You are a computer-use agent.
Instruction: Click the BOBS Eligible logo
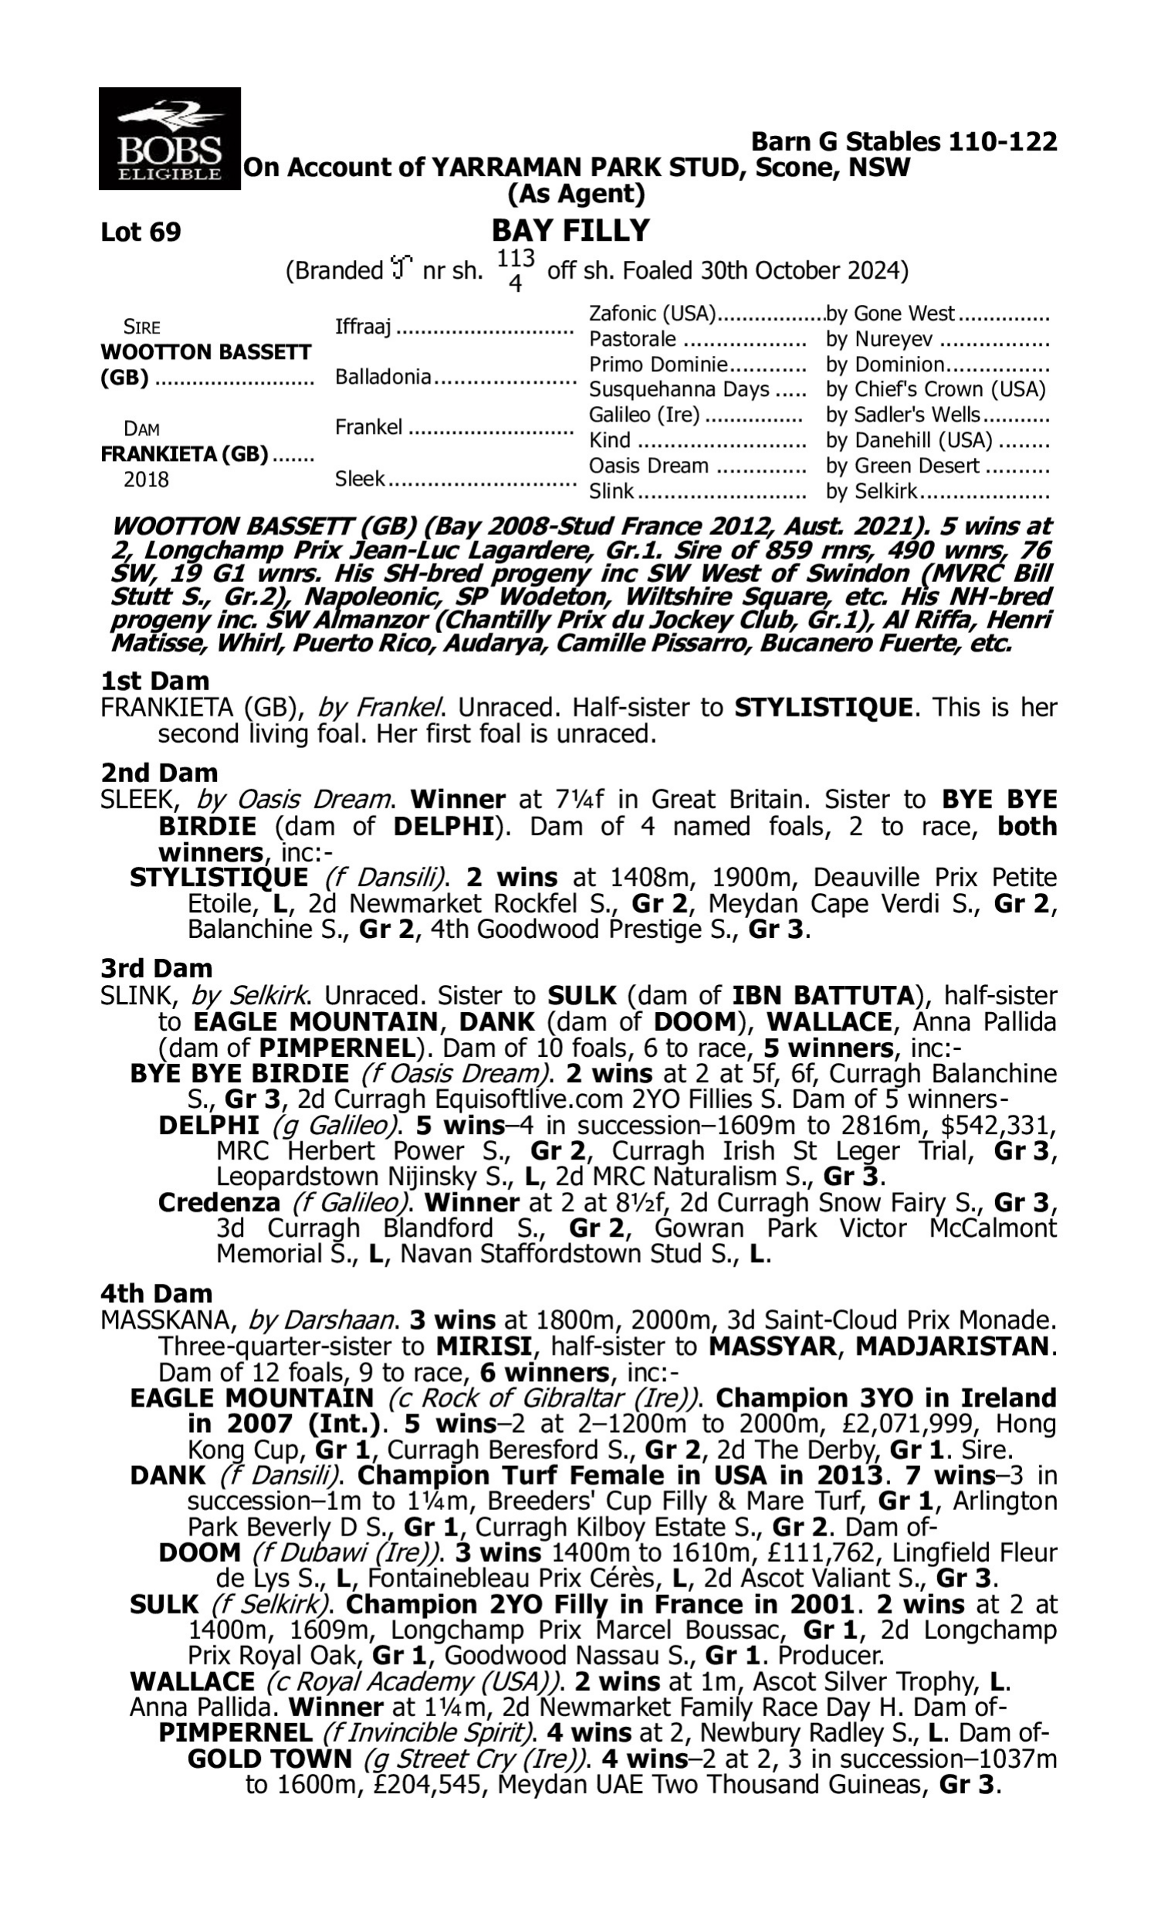coord(169,138)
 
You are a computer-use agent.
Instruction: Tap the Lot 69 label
coord(141,232)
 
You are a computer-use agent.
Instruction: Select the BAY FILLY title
coord(571,231)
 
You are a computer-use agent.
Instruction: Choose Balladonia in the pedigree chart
coord(382,377)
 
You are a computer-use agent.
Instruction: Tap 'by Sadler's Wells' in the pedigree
coord(902,415)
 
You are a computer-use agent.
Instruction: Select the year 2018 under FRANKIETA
coord(146,479)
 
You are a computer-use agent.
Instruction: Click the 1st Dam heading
coord(155,681)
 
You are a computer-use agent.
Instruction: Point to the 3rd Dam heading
coord(157,968)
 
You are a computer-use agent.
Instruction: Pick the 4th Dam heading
coord(157,1293)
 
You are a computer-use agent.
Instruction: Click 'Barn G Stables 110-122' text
coord(903,141)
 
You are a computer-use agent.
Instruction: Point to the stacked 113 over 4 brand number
coord(515,270)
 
